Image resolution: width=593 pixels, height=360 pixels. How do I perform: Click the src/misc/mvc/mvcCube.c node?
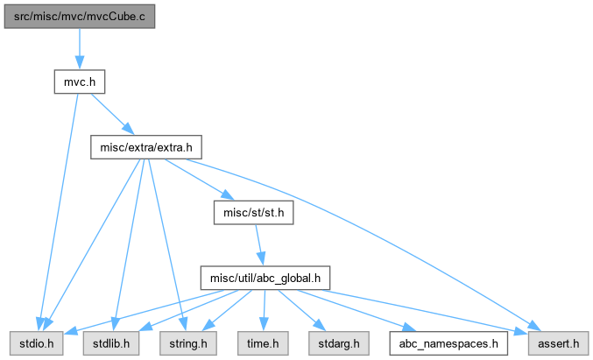tap(80, 17)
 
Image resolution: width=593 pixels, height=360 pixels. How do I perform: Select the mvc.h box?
tap(80, 81)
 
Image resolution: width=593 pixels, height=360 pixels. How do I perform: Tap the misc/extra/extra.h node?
tap(146, 147)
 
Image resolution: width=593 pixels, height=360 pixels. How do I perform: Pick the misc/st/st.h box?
tap(253, 213)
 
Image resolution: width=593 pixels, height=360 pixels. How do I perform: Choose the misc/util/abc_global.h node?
tap(265, 278)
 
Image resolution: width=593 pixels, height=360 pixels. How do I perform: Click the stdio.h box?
tap(36, 343)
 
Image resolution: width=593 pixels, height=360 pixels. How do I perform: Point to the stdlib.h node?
tap(111, 343)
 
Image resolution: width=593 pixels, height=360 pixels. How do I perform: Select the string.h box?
tap(188, 343)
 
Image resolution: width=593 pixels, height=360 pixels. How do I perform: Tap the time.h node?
tap(263, 343)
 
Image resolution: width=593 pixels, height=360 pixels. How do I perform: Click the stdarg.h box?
tap(338, 343)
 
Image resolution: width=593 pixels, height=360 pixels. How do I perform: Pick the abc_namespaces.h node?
tap(448, 343)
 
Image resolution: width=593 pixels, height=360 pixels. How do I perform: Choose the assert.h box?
tap(558, 343)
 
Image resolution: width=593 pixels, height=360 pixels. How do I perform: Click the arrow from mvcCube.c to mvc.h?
tap(80, 49)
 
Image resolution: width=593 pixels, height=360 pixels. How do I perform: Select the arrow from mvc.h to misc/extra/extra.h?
tap(113, 114)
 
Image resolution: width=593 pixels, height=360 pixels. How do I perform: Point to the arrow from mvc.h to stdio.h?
tap(60, 212)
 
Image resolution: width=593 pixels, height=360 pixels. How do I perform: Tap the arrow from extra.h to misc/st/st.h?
tap(200, 180)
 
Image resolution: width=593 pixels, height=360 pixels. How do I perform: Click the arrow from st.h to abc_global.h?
tap(259, 245)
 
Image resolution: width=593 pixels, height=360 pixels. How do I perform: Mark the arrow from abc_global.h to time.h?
tap(264, 311)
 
